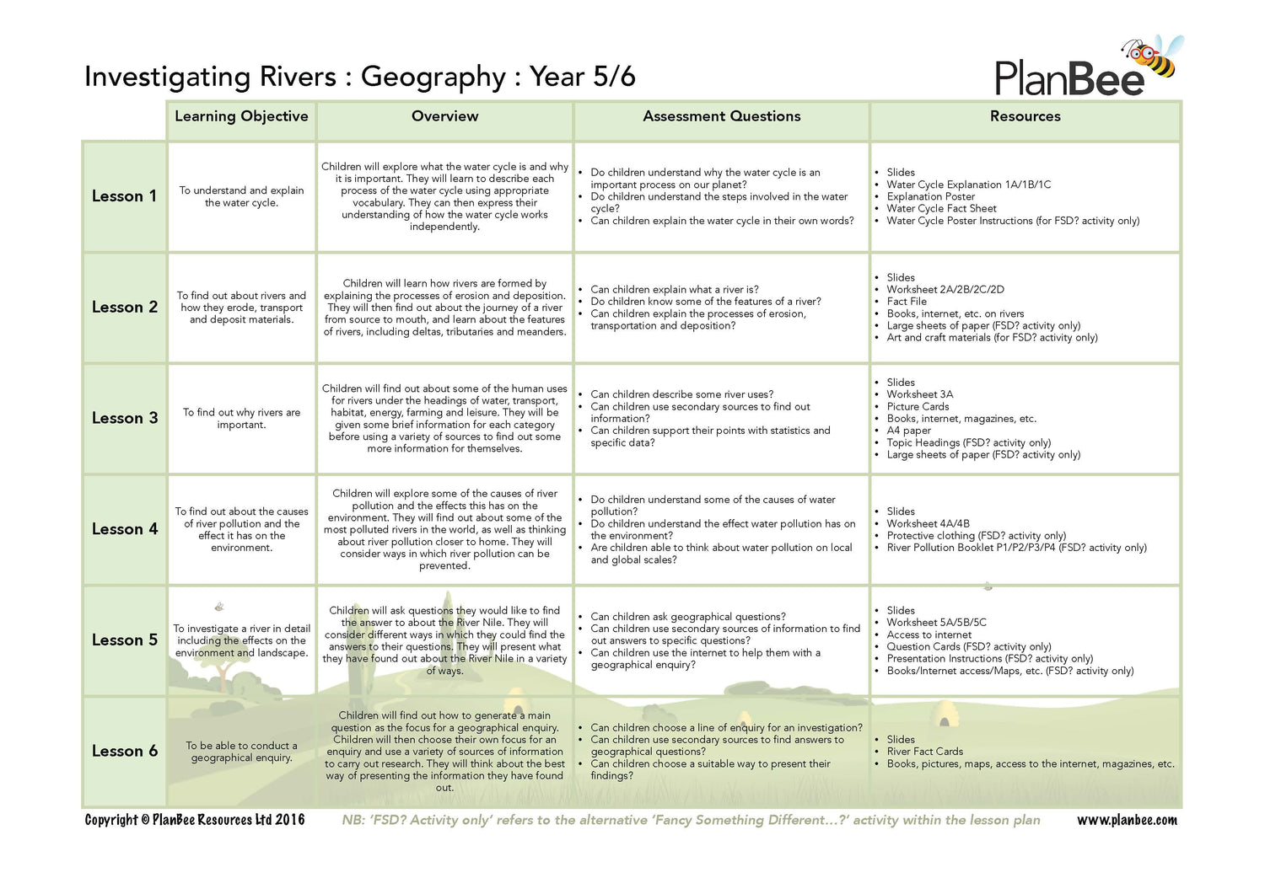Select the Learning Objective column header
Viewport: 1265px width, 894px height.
pyautogui.click(x=241, y=116)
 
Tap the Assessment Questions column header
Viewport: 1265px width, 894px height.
pyautogui.click(x=721, y=116)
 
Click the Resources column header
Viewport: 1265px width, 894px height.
pyautogui.click(x=1025, y=116)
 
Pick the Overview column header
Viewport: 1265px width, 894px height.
pyautogui.click(x=444, y=116)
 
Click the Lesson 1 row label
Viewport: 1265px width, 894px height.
pyautogui.click(x=124, y=196)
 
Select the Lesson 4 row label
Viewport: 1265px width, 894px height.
pyautogui.click(x=124, y=529)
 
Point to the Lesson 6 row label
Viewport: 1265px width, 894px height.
pyautogui.click(x=124, y=751)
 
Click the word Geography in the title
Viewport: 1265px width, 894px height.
pyautogui.click(x=433, y=77)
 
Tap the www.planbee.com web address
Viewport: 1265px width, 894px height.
pyautogui.click(x=1127, y=820)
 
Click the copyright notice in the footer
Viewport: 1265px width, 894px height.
pyautogui.click(x=195, y=820)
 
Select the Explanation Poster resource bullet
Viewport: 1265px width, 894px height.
pyautogui.click(x=930, y=196)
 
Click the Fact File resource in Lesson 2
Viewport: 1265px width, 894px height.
pyautogui.click(x=907, y=301)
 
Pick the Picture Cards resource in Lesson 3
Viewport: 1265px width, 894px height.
pyautogui.click(x=918, y=406)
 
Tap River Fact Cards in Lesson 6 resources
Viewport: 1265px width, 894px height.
pyautogui.click(x=924, y=752)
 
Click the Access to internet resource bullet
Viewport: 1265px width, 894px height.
pyautogui.click(x=929, y=634)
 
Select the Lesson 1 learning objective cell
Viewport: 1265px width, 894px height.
pyautogui.click(x=241, y=196)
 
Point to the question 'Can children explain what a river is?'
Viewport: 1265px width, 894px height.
pyautogui.click(x=674, y=289)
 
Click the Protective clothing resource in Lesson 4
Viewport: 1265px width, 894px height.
pyautogui.click(x=976, y=535)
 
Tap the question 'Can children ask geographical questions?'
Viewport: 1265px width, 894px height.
pyautogui.click(x=687, y=617)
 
